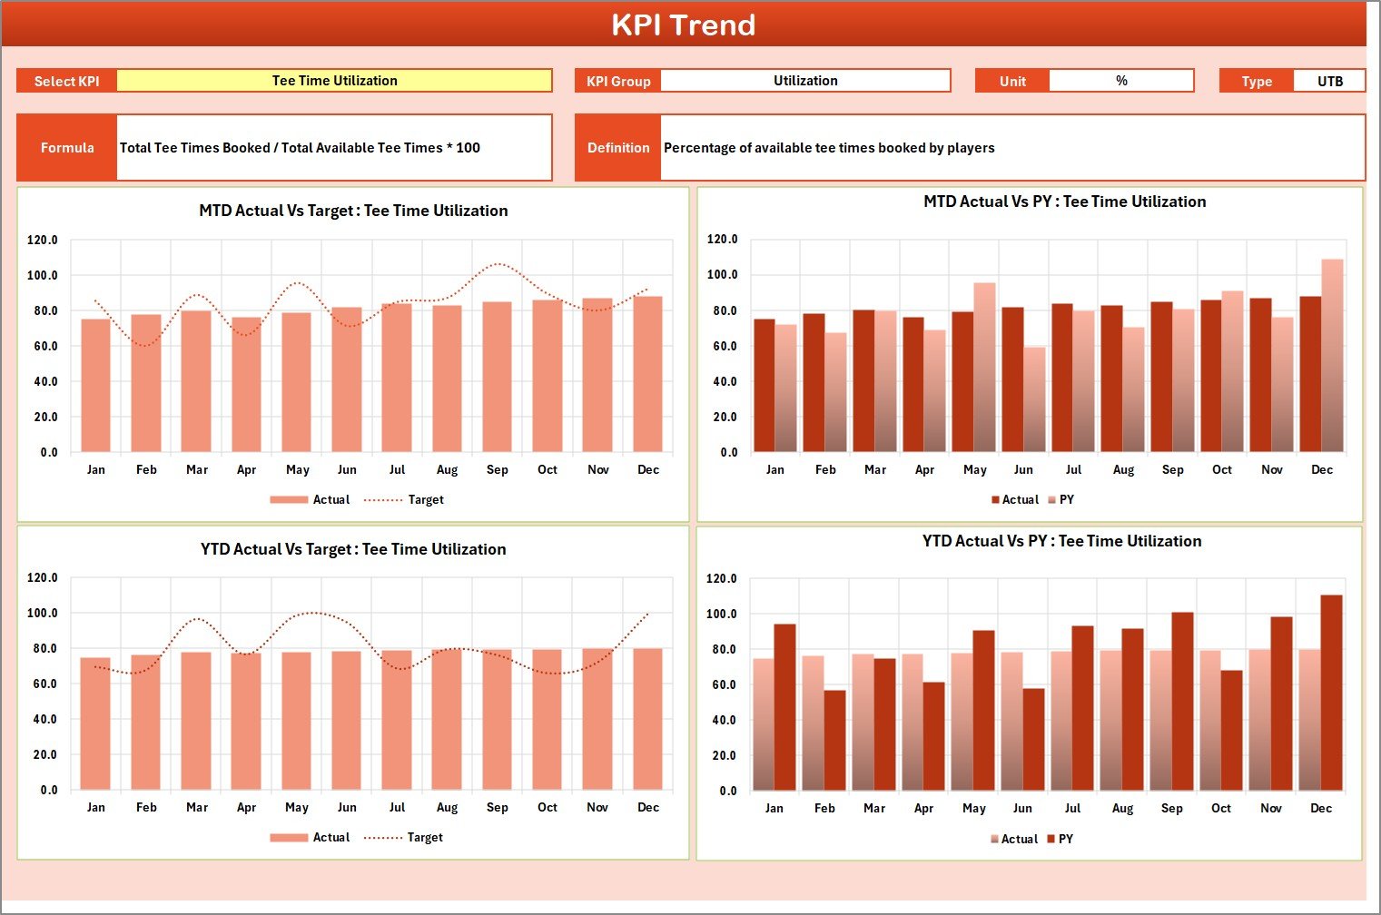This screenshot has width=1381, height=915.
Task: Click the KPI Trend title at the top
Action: tap(683, 25)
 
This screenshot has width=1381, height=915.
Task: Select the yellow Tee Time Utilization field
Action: tap(334, 81)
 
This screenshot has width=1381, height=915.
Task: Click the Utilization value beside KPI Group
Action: tap(805, 81)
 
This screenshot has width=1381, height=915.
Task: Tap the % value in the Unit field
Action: tap(1121, 81)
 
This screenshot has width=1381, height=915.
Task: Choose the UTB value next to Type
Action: tap(1329, 82)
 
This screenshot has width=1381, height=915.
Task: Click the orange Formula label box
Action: tap(67, 148)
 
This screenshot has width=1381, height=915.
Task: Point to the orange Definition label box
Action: tap(618, 148)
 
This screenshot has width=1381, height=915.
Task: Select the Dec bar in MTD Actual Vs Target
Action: tap(648, 374)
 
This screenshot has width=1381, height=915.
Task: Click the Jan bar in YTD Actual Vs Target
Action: tap(95, 723)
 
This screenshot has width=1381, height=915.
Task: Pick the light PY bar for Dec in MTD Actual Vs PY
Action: tap(1332, 356)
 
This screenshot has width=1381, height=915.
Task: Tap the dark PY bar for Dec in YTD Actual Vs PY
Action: tap(1331, 693)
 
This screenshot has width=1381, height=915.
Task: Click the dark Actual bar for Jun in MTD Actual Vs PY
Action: tap(1012, 379)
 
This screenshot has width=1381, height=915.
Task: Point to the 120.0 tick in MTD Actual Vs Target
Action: tap(43, 241)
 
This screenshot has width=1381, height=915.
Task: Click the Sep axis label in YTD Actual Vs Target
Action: tap(497, 808)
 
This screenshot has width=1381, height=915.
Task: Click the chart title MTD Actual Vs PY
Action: tap(1064, 202)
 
